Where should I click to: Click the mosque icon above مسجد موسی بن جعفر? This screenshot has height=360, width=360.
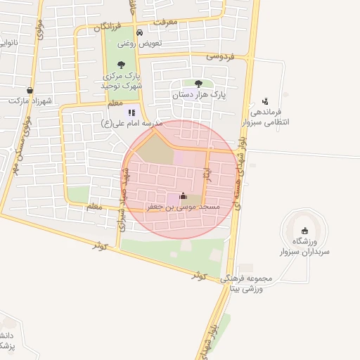point(184,196)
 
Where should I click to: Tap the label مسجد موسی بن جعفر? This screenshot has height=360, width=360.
point(184,207)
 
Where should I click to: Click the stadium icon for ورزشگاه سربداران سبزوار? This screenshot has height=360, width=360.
point(304,231)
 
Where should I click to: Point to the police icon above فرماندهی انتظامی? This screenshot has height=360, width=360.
point(264,101)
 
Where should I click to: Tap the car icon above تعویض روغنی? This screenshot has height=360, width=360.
point(140,33)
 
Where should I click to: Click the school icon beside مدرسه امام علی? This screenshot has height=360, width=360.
point(131,112)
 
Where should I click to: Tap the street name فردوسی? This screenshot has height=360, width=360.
point(219,55)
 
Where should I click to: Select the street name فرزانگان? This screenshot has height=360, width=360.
point(98,27)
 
